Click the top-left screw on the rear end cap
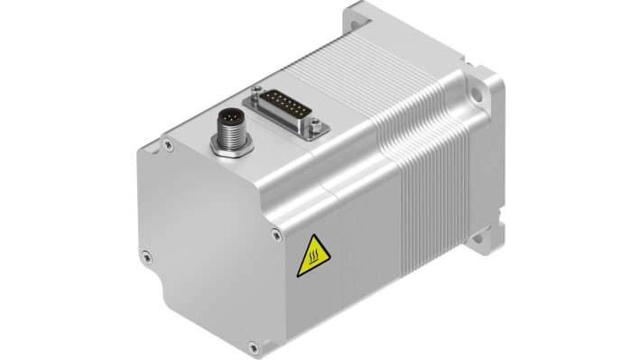168,141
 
